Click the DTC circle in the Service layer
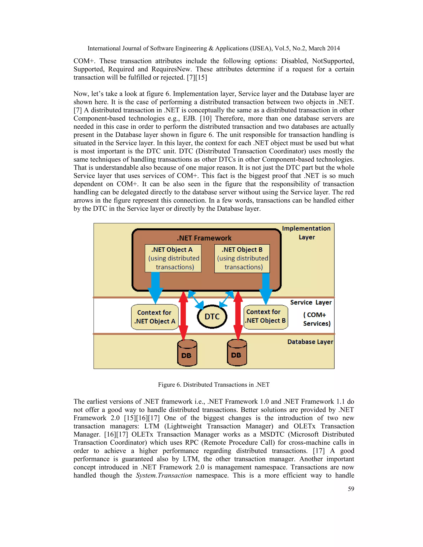[212, 317]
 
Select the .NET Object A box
[173, 258]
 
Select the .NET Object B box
[242, 258]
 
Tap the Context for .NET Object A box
[155, 317]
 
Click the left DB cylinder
[187, 353]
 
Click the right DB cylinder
[237, 353]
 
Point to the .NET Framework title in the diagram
[204, 238]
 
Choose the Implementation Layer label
[306, 233]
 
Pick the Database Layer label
[310, 342]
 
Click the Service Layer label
[311, 303]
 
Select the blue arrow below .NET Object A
[155, 287]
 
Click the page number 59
[351, 489]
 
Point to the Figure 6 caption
[214, 385]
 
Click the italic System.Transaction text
[164, 475]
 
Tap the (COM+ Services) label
[316, 319]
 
